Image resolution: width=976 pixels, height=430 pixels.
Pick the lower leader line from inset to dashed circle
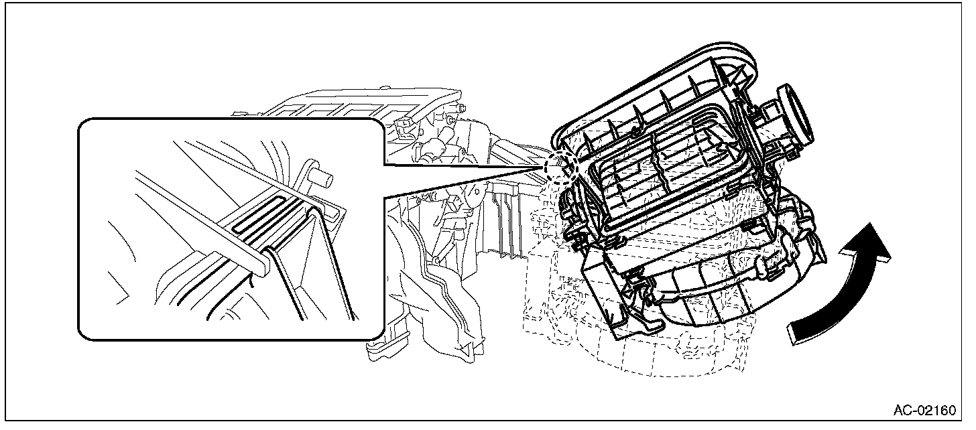point(469,182)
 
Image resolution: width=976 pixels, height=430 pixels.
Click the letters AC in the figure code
point(902,410)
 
